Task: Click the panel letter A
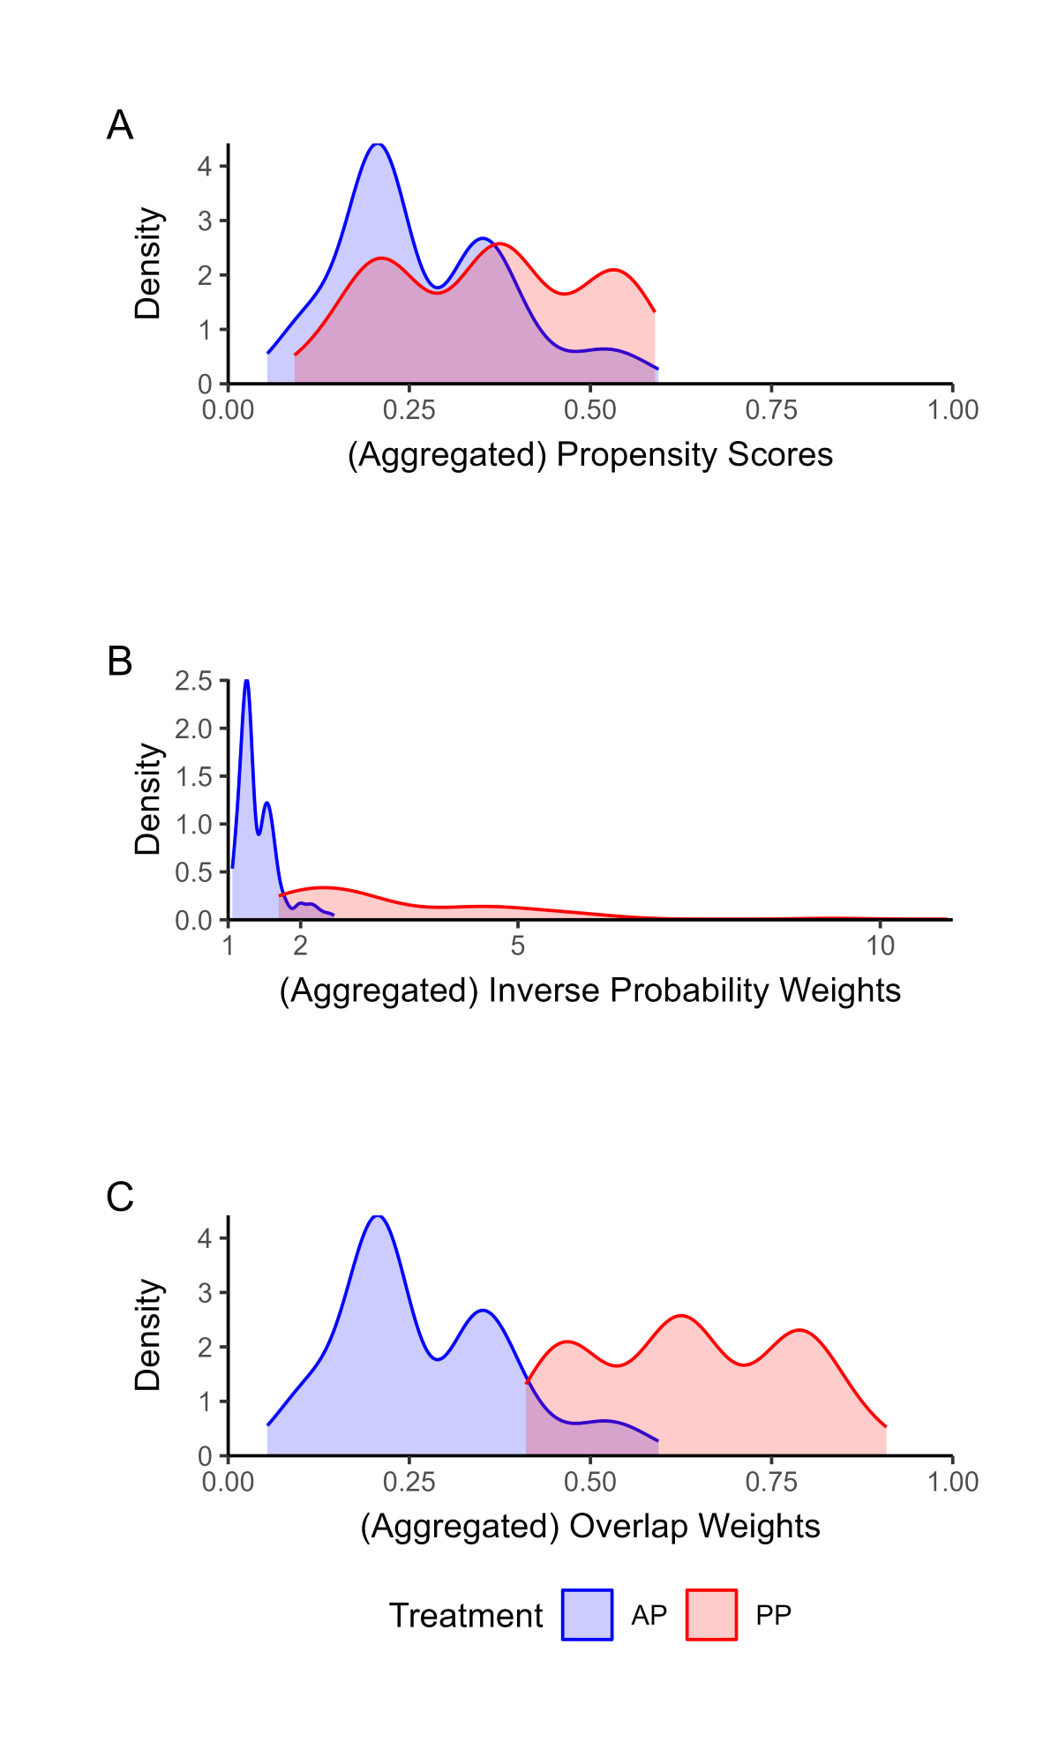(120, 125)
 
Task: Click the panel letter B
(120, 661)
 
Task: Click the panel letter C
(120, 1198)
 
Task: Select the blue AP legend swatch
(587, 1615)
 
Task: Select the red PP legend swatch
(711, 1615)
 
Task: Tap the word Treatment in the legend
(466, 1616)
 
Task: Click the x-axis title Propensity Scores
(589, 455)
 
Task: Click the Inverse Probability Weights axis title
(589, 990)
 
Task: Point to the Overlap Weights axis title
(589, 1527)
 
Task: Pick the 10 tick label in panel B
(880, 946)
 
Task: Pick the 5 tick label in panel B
(518, 946)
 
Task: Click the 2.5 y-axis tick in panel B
(194, 681)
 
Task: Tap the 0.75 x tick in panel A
(770, 410)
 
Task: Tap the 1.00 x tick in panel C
(952, 1482)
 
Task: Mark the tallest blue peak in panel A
(378, 144)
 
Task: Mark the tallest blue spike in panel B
(247, 681)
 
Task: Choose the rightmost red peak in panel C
(799, 1330)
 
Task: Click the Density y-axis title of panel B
(148, 799)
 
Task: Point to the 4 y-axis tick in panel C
(205, 1238)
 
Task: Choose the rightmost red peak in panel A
(613, 270)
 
